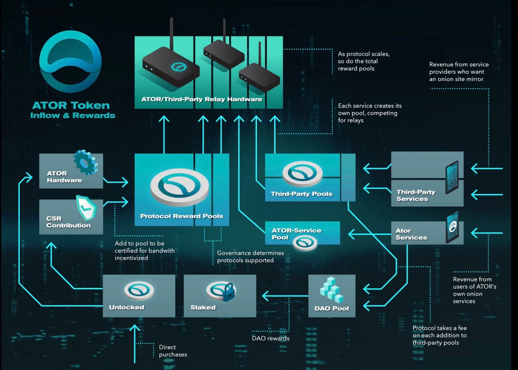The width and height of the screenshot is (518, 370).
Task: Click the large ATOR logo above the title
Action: (71, 62)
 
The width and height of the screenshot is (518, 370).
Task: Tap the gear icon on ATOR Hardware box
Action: (85, 162)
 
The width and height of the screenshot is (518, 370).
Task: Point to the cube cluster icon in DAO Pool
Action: (331, 289)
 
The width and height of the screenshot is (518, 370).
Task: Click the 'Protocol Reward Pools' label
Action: (182, 216)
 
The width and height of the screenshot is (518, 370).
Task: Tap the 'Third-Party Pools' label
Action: (301, 194)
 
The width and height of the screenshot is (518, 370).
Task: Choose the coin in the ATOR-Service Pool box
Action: (305, 242)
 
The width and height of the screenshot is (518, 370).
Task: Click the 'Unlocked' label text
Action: (127, 307)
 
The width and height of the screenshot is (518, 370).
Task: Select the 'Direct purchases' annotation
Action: (173, 351)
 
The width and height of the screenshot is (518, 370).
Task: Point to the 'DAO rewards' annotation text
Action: (270, 338)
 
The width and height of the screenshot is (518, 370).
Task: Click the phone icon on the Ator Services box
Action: (453, 227)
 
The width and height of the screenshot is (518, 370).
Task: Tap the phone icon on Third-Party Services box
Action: (452, 178)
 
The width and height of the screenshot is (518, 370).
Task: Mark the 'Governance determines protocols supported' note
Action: (250, 256)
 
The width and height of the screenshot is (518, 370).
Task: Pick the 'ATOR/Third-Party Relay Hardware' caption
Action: (202, 99)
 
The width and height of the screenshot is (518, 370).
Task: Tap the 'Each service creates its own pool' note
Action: (369, 113)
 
